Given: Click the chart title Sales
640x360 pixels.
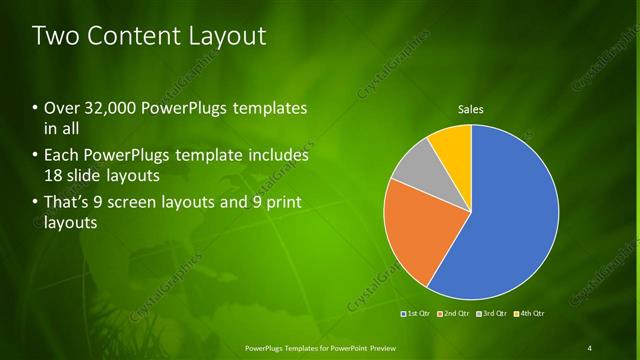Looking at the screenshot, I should [471, 109].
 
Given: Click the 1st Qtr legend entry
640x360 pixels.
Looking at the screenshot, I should [417, 314].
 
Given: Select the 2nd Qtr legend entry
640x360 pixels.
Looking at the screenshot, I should [454, 314].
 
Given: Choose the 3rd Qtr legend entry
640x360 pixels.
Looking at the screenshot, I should [491, 314].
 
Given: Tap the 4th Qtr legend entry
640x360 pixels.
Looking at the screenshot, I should [528, 314].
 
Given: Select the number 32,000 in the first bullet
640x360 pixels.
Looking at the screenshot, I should [109, 108].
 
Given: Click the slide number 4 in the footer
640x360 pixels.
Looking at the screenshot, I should [590, 347].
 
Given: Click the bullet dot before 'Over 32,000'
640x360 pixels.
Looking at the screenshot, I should [35, 108].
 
